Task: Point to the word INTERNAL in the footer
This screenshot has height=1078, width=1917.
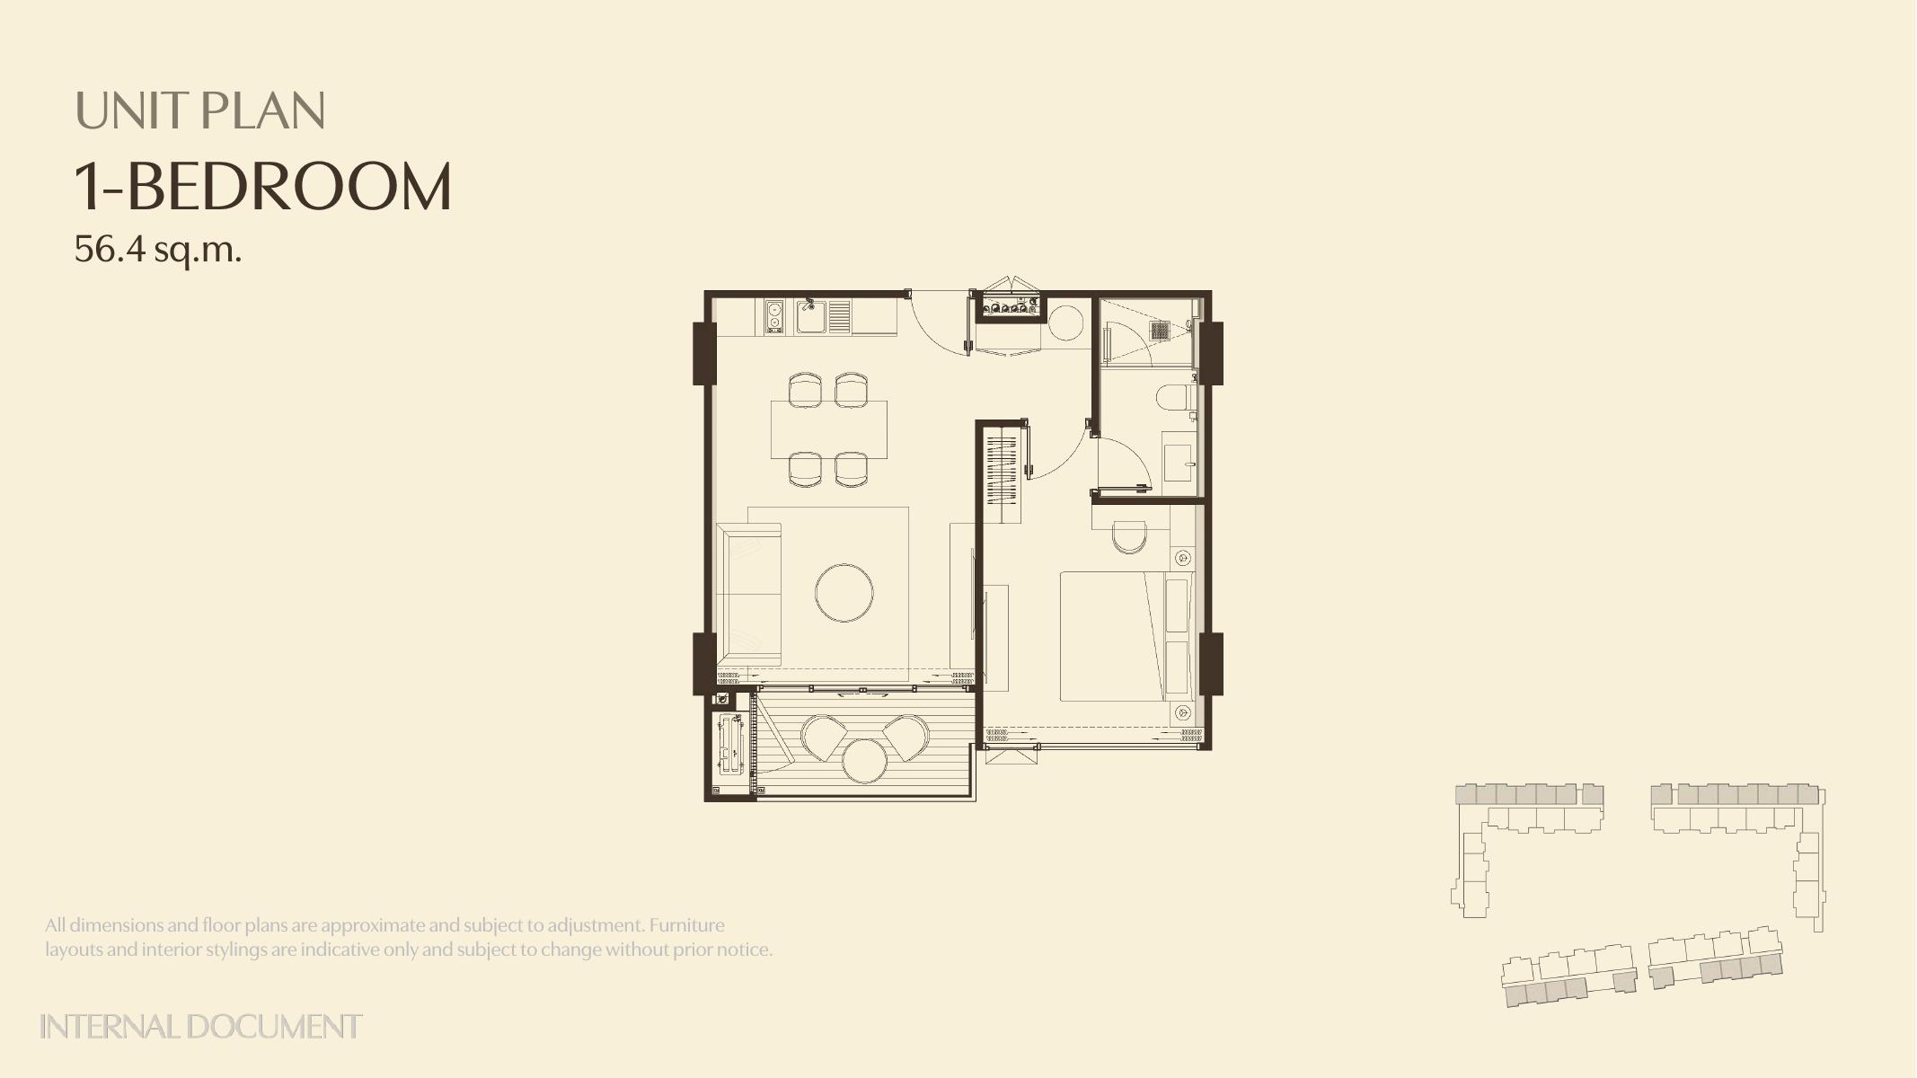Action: [110, 1026]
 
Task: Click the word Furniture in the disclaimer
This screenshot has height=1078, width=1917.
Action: [686, 924]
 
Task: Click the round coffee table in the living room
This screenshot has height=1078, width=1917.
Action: [844, 592]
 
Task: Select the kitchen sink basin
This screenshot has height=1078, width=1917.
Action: [812, 317]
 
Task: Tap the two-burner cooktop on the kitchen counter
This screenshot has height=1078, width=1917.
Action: [774, 317]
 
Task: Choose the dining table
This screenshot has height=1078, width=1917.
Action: [829, 429]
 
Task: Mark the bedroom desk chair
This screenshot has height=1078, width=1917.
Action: [1129, 536]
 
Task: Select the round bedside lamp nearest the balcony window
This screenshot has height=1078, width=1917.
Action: [1183, 712]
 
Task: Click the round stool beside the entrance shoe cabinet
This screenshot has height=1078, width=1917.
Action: [1067, 323]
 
